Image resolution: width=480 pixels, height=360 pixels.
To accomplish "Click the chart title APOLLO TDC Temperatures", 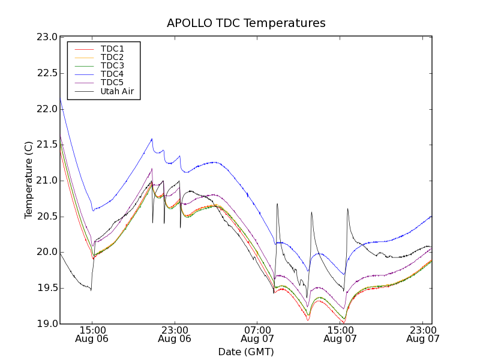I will pyautogui.click(x=246, y=23).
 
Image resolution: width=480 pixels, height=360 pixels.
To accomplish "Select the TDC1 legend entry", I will pyautogui.click(x=112, y=49).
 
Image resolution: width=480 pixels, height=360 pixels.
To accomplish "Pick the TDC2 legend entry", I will pyautogui.click(x=112, y=57).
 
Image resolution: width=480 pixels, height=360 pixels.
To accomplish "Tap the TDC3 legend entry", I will pyautogui.click(x=112, y=65).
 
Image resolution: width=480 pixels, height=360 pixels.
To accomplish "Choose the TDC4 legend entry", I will pyautogui.click(x=112, y=74).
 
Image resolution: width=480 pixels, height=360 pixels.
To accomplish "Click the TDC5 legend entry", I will pyautogui.click(x=112, y=83).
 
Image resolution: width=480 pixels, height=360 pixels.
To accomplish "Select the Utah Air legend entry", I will pyautogui.click(x=117, y=92).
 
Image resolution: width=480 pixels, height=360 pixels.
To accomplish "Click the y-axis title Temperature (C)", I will pyautogui.click(x=29, y=180).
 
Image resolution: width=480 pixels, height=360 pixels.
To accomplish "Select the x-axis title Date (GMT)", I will pyautogui.click(x=246, y=352).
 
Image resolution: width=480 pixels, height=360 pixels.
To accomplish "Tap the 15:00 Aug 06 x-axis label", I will pyautogui.click(x=92, y=334).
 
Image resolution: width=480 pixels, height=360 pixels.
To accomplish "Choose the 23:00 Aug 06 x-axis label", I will pyautogui.click(x=175, y=334).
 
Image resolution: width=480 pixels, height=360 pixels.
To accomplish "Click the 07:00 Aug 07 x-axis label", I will pyautogui.click(x=257, y=334).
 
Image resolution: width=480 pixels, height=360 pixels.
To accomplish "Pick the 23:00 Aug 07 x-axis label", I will pyautogui.click(x=423, y=334).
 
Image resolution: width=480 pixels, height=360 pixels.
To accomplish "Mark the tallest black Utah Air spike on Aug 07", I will pyautogui.click(x=277, y=203).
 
